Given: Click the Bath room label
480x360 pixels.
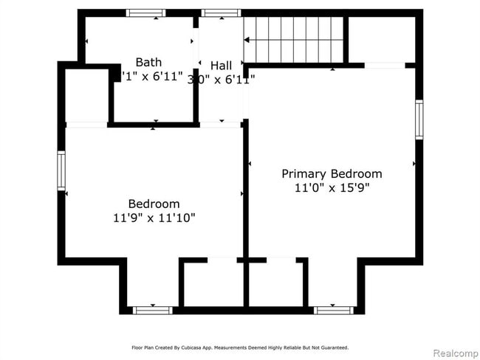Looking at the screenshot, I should pyautogui.click(x=148, y=63).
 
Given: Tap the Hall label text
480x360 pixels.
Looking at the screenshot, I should pyautogui.click(x=221, y=66).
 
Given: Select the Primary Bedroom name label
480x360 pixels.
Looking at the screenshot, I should pyautogui.click(x=332, y=174).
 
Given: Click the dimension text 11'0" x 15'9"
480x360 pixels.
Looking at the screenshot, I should pyautogui.click(x=332, y=188).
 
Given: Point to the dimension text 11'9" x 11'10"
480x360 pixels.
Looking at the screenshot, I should pyautogui.click(x=154, y=218).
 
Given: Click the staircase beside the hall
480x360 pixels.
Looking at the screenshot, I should pyautogui.click(x=294, y=40).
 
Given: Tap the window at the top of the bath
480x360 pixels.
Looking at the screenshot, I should pyautogui.click(x=145, y=13).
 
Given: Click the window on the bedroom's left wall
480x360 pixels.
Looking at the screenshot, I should pyautogui.click(x=61, y=170).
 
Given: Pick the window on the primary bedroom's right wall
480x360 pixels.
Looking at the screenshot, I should pyautogui.click(x=419, y=120).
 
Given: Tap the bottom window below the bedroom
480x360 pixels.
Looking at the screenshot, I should pyautogui.click(x=152, y=310).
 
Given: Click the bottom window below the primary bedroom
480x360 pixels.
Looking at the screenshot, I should pyautogui.click(x=334, y=310).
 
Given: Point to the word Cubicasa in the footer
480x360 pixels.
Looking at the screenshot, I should pyautogui.click(x=193, y=347).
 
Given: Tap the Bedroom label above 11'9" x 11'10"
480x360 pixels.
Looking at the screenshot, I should pyautogui.click(x=154, y=204).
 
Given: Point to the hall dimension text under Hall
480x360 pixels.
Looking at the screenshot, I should pyautogui.click(x=222, y=79).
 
